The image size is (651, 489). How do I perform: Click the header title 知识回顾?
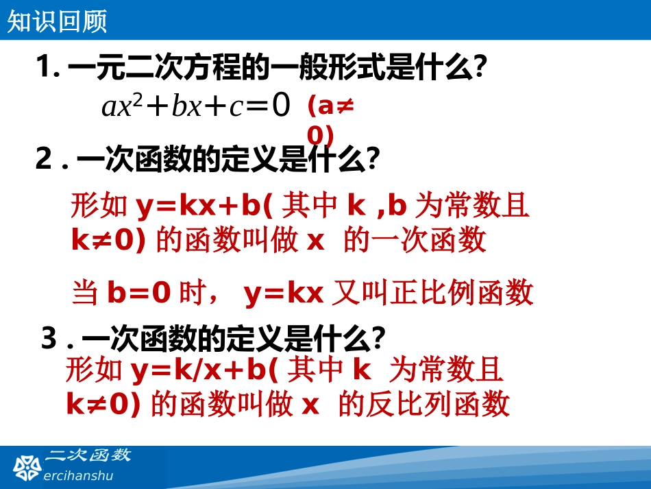(x=58, y=22)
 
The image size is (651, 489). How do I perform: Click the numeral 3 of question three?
(x=49, y=339)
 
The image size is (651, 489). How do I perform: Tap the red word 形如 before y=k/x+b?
(x=95, y=370)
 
